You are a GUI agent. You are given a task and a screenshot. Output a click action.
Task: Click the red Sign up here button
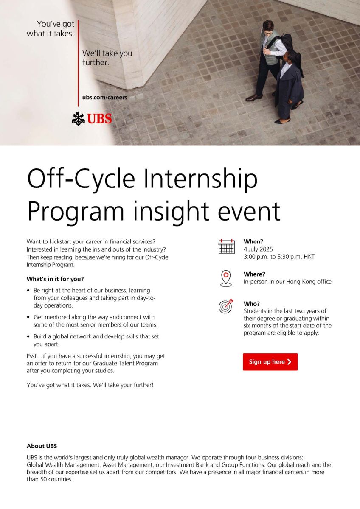270,362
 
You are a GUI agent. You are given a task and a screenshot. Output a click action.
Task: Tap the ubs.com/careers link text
104,98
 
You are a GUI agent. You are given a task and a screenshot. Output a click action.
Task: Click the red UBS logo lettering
99,118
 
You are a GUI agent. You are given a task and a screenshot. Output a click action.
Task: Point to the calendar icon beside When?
226,246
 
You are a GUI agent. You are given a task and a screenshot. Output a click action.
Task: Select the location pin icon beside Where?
226,278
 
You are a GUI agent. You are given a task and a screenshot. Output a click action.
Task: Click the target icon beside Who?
226,306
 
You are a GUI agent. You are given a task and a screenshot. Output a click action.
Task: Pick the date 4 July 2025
258,249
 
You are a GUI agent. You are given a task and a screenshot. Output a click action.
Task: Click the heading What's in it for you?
55,279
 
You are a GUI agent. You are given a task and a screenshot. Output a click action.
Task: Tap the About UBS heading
42,446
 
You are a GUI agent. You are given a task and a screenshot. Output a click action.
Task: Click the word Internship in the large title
200,179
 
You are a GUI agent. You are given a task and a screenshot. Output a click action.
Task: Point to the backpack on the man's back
285,42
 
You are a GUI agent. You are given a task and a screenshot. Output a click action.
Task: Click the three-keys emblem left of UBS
79,119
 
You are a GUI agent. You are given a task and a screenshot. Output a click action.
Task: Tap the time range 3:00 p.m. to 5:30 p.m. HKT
279,257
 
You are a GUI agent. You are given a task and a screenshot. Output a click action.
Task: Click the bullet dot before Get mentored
28,317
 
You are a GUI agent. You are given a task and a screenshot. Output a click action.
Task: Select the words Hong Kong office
309,282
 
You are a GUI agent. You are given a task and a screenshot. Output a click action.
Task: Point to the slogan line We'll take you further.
107,58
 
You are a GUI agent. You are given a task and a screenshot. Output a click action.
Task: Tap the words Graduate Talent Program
126,363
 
